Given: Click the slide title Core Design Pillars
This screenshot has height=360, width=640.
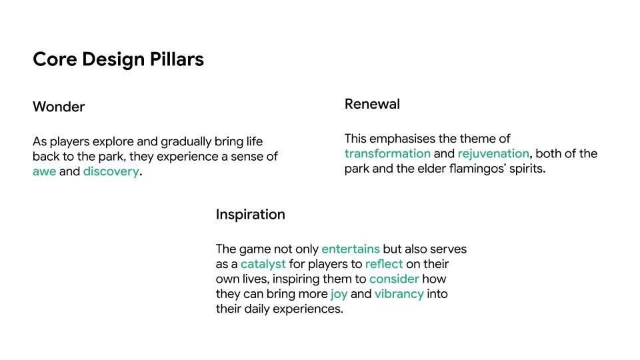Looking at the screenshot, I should (118, 59).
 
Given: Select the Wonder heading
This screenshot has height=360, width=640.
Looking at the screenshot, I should (59, 107).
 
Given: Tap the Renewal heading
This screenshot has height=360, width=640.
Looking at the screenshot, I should (372, 104).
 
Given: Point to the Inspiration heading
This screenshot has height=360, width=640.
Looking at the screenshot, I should (250, 215).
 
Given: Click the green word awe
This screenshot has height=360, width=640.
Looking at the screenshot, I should (44, 172).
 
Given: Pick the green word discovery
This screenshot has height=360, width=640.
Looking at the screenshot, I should (111, 172).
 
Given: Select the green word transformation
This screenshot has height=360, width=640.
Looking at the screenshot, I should (387, 154).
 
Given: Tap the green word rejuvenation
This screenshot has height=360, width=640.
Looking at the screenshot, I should (493, 154).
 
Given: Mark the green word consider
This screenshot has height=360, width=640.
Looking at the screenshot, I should (394, 279).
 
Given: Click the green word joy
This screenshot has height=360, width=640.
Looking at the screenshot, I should (339, 294).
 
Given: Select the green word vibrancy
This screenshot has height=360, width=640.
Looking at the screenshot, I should (399, 294).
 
